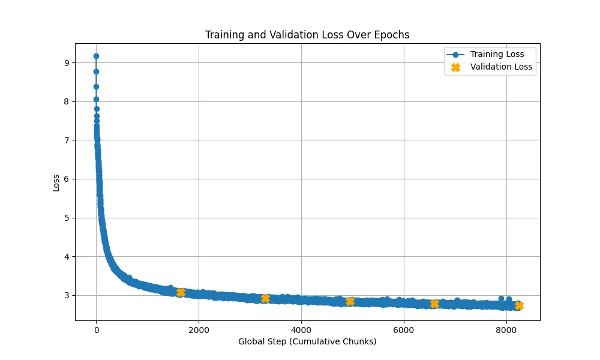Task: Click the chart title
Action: tap(307, 35)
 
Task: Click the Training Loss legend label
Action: tap(497, 55)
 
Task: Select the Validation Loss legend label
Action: tap(501, 67)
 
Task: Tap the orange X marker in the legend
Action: tap(455, 67)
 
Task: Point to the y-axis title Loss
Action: tap(56, 182)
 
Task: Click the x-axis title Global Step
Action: tap(307, 342)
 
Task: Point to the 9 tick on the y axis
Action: tap(66, 63)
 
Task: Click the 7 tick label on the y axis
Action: tap(66, 140)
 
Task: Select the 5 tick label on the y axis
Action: tap(66, 218)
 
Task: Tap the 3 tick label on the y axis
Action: tap(66, 295)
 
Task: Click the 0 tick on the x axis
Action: tap(96, 329)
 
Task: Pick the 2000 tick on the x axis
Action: tap(199, 329)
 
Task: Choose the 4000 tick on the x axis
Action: tap(301, 329)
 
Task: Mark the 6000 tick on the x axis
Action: tap(404, 329)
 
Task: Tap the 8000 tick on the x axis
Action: tap(506, 329)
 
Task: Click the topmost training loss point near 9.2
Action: tap(96, 56)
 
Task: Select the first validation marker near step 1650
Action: tap(181, 292)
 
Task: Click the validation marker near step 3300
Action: tap(265, 298)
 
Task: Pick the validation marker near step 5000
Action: tap(350, 301)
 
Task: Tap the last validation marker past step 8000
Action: tap(519, 305)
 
